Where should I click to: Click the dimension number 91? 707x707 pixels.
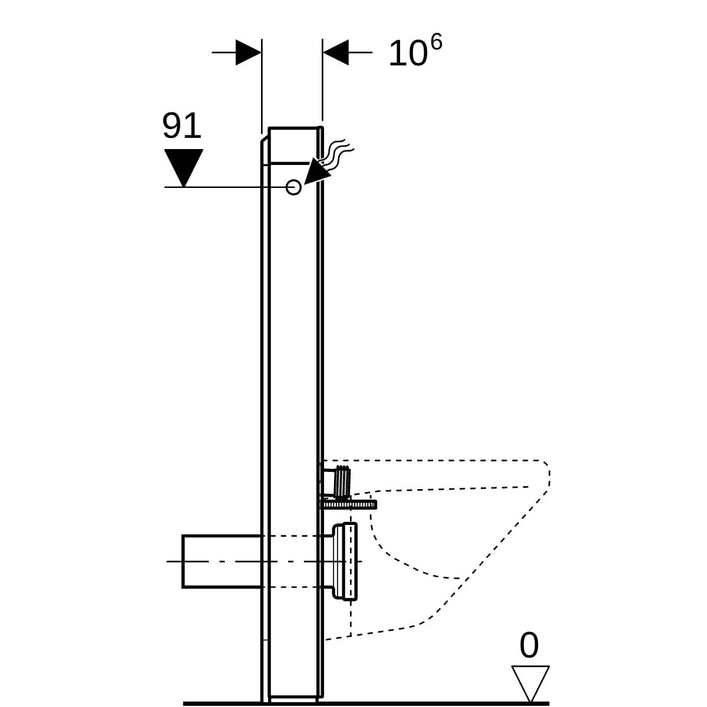coord(181,125)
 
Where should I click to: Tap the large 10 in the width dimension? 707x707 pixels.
coord(408,54)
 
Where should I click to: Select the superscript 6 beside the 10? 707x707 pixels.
coord(436,42)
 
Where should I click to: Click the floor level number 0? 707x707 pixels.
coord(529,645)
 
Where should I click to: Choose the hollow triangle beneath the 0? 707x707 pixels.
coord(530,683)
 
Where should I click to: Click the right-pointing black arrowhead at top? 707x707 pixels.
coord(249,52)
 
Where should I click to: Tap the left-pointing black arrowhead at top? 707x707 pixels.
coord(336,52)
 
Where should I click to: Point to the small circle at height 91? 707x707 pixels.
coord(293,187)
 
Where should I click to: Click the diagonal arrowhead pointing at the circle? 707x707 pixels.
coord(316,171)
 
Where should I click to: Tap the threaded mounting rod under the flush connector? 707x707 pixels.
coord(349,505)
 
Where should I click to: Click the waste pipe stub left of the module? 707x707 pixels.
coord(223,561)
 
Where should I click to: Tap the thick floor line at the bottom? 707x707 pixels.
coord(366,703)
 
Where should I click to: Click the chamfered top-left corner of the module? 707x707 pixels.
coord(265,139)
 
